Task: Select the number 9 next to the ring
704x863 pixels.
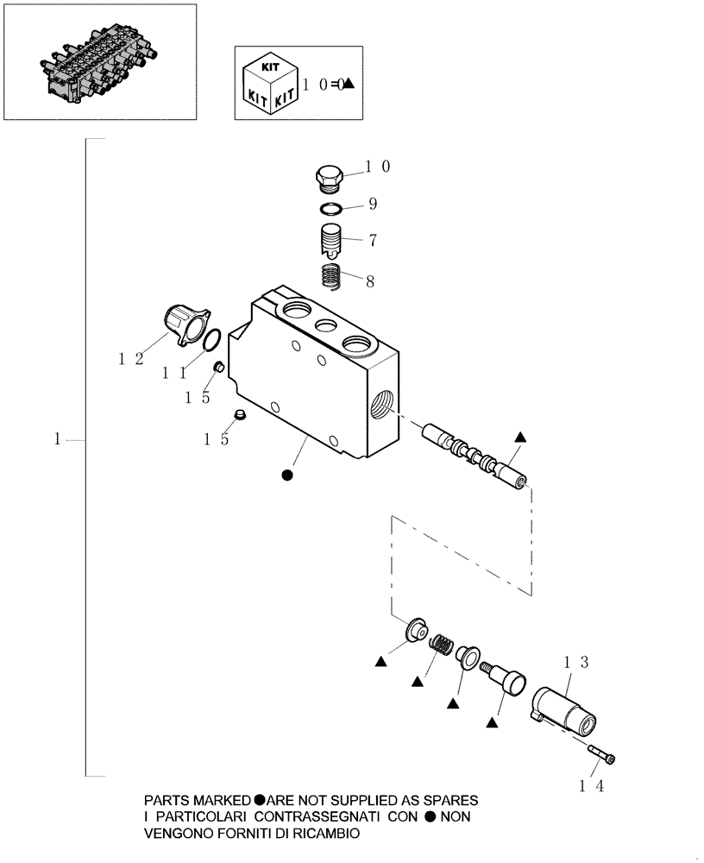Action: point(373,205)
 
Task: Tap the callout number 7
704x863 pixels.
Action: point(373,240)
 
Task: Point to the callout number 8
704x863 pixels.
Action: point(371,280)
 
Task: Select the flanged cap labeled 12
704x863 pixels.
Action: point(183,326)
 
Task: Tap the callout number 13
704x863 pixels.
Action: point(575,663)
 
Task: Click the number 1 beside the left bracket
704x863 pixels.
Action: point(57,439)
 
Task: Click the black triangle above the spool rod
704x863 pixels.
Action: point(520,437)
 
